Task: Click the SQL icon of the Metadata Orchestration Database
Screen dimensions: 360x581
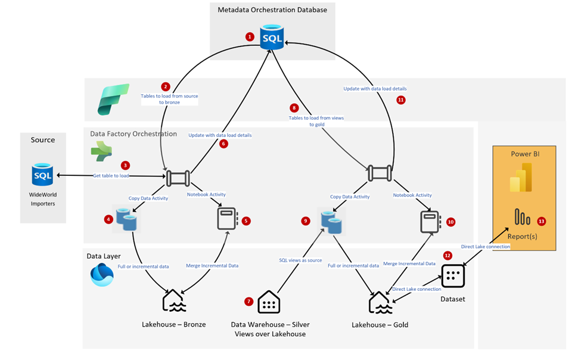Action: point(272,37)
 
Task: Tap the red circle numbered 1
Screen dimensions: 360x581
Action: point(250,36)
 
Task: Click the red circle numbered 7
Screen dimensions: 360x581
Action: point(248,302)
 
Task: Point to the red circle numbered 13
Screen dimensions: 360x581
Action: point(541,221)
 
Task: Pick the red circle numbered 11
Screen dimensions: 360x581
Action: point(400,100)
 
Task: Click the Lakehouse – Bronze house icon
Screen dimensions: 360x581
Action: point(174,302)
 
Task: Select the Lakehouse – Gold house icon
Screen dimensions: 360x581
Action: point(380,302)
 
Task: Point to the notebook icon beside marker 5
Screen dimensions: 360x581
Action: point(228,219)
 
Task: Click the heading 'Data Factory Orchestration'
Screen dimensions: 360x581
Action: point(133,134)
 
